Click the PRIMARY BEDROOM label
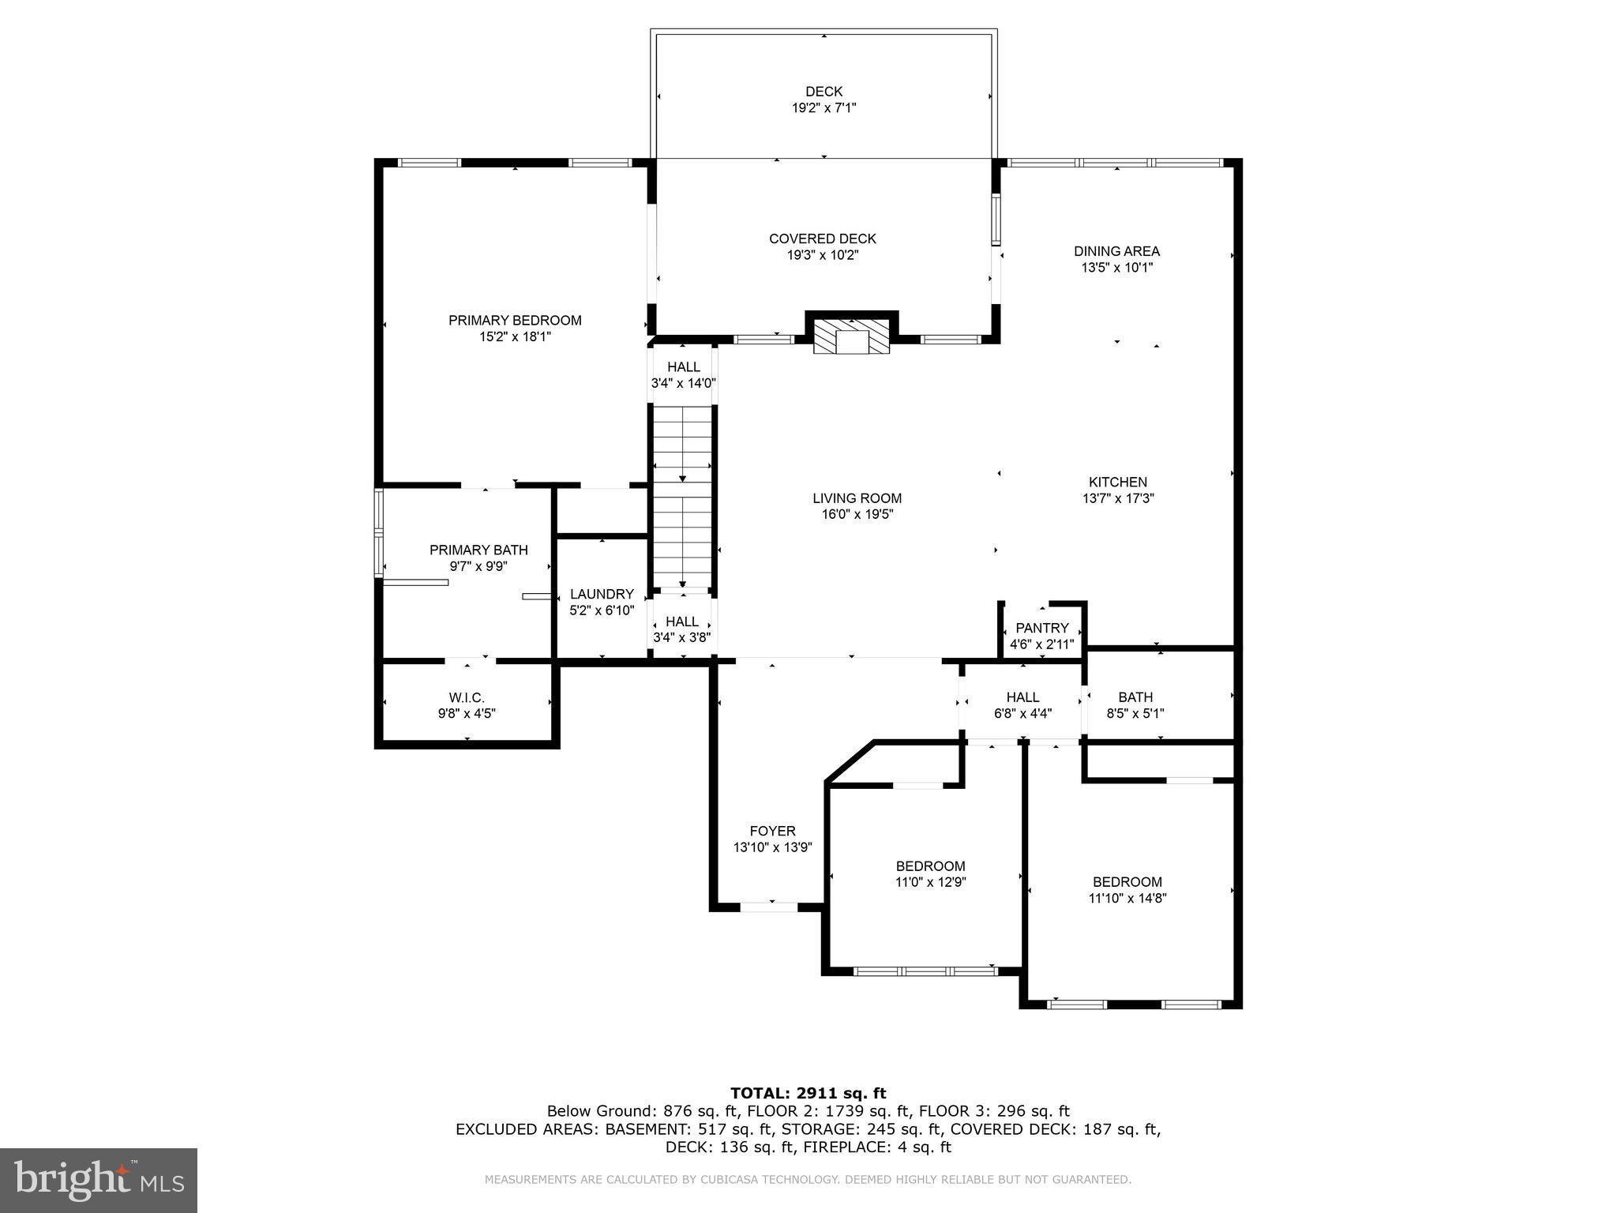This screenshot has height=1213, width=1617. pos(515,320)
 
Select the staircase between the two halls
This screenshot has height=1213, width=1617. pos(682,498)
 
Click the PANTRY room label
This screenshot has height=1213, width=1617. pos(1041,628)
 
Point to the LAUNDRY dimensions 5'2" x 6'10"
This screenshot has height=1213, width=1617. pos(602,610)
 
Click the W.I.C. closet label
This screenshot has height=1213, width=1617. pos(467,697)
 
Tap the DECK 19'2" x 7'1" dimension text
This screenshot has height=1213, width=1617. pos(824,108)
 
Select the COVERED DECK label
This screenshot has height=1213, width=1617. pos(823,238)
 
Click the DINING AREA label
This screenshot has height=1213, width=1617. pos(1116,251)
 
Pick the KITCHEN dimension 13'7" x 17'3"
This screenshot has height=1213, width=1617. pos(1117,498)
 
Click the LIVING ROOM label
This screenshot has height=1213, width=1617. pos(857,498)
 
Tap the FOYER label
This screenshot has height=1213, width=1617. pos(772,831)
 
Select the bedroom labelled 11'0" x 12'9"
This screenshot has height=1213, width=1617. pos(930,873)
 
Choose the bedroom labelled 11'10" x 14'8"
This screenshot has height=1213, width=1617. pos(1127,890)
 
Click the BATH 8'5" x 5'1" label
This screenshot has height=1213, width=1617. pos(1135,697)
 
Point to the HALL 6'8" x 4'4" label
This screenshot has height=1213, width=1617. pos(1022,697)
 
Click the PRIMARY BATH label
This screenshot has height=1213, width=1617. pos(478,550)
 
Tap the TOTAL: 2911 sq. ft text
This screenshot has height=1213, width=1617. pos(808,1093)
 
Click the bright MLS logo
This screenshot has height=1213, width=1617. pos(99,1181)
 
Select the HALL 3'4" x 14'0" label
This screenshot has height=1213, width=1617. pos(683,367)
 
